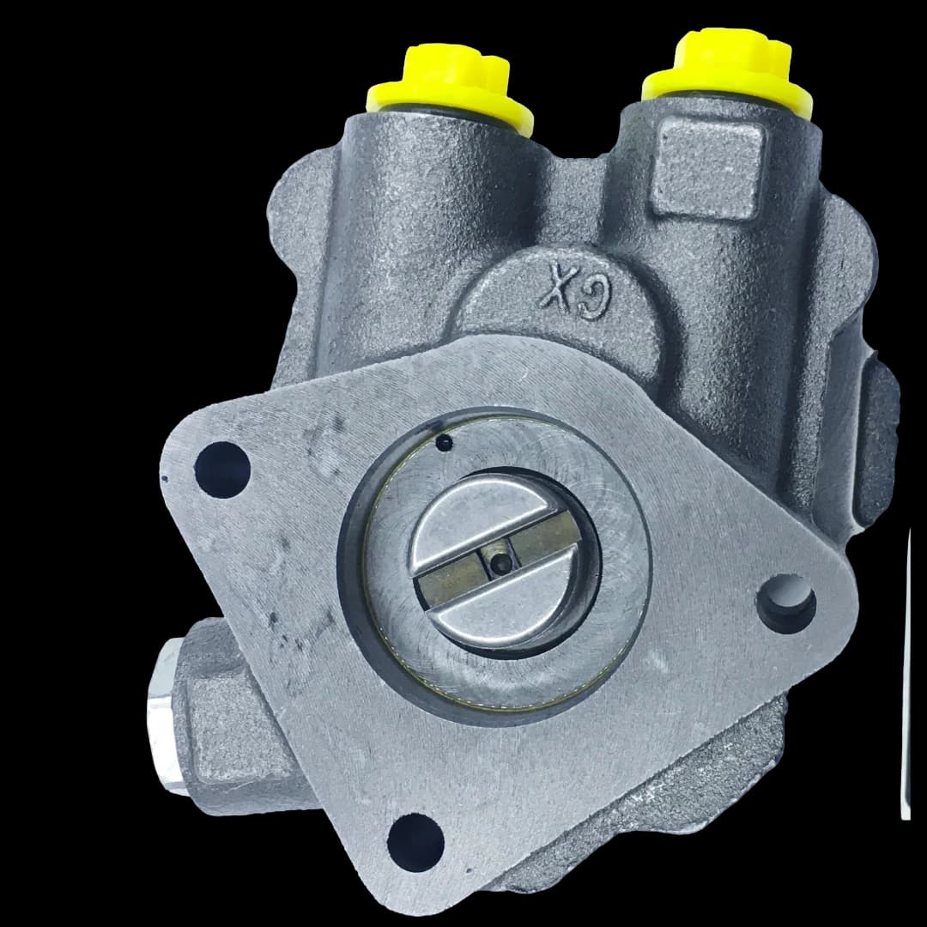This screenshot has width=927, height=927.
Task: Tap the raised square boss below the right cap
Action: coord(707,167)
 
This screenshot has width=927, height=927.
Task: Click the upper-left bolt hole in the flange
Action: coord(222,470)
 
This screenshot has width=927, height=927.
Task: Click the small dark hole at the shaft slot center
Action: coord(501,565)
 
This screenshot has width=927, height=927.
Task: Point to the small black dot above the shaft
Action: coord(444,442)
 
